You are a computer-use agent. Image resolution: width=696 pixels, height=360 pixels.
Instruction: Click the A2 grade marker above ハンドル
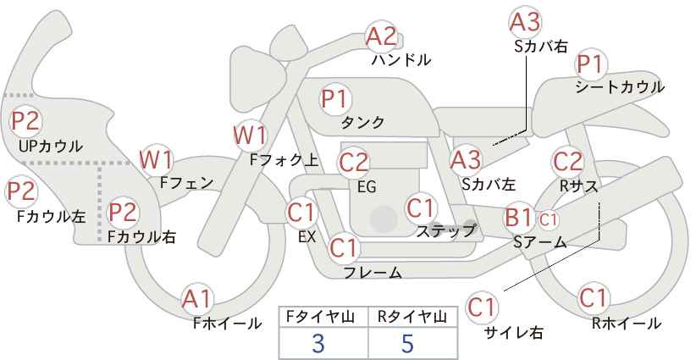coord(381,36)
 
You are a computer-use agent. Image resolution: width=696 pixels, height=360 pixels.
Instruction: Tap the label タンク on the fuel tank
coord(362,123)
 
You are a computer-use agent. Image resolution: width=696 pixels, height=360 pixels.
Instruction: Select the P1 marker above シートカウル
coord(591,65)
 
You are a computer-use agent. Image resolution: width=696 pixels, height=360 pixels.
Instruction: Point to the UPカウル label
coord(51,146)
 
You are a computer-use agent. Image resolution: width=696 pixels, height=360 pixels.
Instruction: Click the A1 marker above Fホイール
coord(197,300)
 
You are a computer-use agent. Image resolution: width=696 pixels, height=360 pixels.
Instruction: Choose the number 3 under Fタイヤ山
coord(318,343)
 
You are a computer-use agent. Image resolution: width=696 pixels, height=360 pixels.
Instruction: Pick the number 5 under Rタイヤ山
coord(407,343)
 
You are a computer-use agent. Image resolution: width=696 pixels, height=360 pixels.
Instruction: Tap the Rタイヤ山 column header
coord(412,317)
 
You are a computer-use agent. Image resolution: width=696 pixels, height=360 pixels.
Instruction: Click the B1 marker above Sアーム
coord(519,218)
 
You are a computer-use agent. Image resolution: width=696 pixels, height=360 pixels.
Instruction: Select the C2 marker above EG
coord(353,163)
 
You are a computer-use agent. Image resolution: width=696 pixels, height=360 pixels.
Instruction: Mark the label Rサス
coord(578,187)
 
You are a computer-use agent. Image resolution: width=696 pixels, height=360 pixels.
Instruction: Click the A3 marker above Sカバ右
coord(525,22)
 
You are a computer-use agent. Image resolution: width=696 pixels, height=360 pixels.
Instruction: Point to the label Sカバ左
coord(489,184)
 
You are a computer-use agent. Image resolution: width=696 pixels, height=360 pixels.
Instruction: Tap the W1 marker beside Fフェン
coord(156,160)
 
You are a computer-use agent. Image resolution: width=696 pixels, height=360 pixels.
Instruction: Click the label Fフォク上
coord(284,160)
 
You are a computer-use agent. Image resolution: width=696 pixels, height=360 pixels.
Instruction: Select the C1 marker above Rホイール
coord(593,298)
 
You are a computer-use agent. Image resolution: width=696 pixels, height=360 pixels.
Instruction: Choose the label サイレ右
coord(514,333)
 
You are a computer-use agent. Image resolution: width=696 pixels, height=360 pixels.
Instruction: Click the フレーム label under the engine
coord(373,272)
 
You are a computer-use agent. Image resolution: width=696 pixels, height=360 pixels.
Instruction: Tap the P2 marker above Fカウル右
coord(123,212)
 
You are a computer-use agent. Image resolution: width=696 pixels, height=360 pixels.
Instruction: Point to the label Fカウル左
coord(52,217)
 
